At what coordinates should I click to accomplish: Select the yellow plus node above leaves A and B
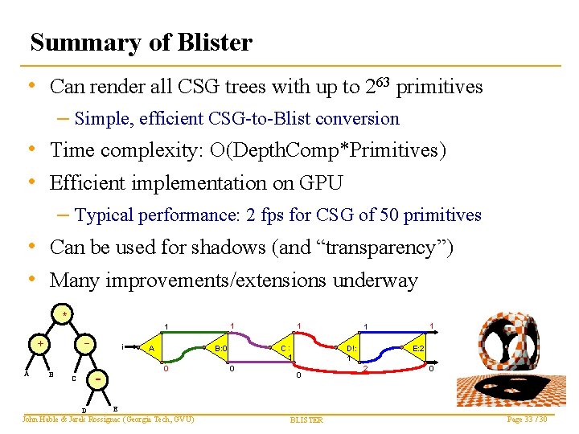point(39,343)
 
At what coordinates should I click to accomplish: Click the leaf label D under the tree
point(84,411)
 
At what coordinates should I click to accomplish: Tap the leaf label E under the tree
point(115,408)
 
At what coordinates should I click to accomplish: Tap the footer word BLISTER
point(306,420)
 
